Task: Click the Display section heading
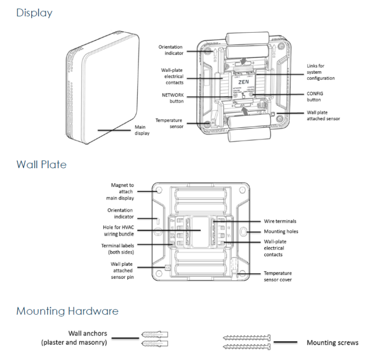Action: coord(34,13)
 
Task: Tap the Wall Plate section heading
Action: coord(41,164)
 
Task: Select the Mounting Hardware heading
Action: coord(67,311)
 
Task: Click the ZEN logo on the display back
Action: coord(244,82)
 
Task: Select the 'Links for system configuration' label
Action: coord(320,72)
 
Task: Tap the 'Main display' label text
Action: coord(142,131)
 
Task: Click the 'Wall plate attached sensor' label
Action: coord(323,116)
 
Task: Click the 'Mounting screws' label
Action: coord(332,343)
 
